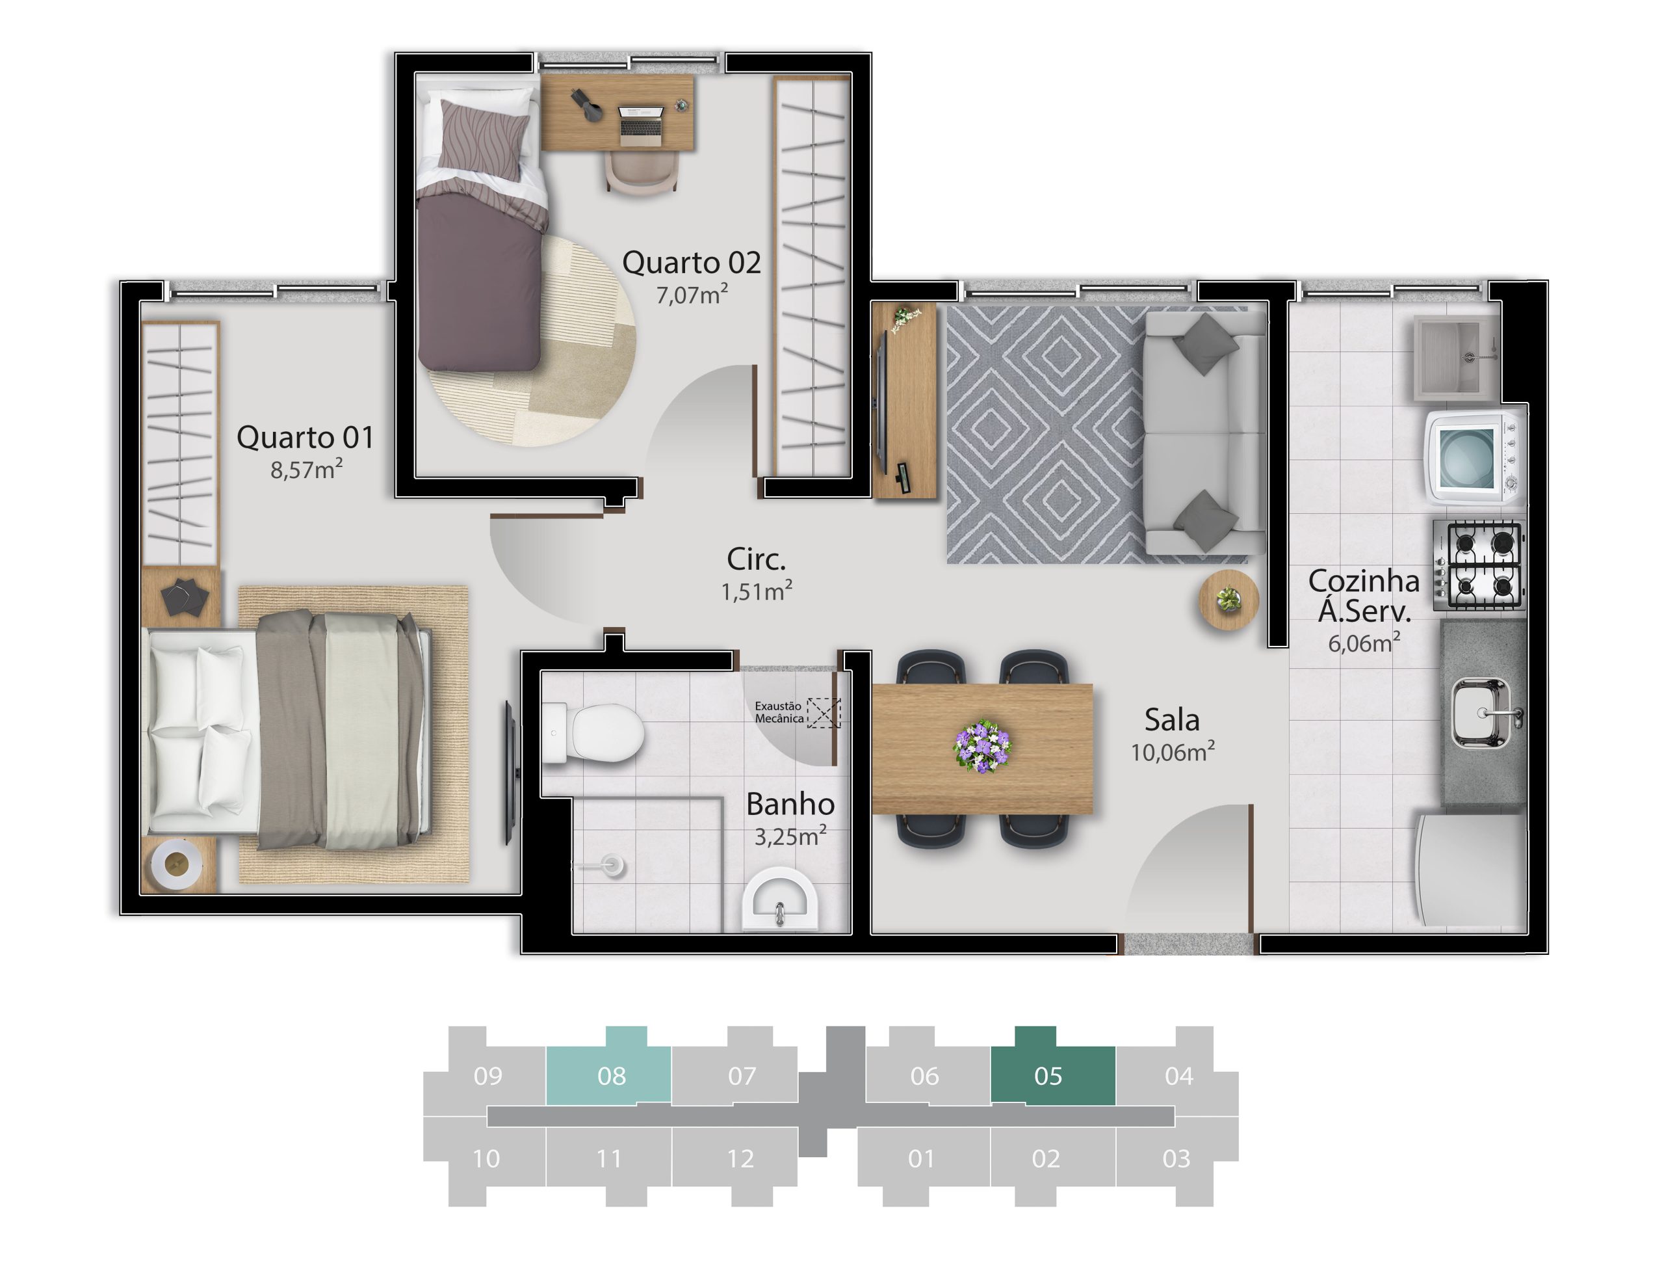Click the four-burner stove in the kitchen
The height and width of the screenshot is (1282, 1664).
coord(1479,565)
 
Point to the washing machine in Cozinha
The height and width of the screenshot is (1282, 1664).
coord(1475,457)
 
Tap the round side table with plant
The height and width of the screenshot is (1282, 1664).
coord(1228,600)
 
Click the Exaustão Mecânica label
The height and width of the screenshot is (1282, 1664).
coord(779,712)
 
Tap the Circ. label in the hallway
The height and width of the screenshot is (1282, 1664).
coord(756,559)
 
